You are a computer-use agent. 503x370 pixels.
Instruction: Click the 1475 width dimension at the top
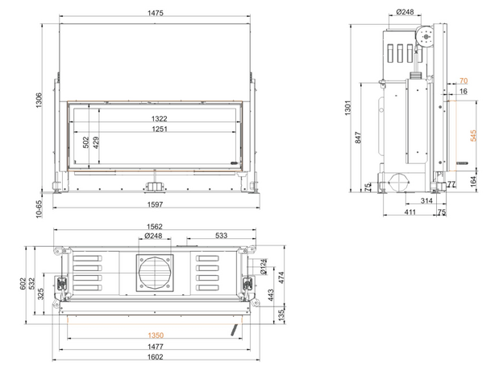point(156,13)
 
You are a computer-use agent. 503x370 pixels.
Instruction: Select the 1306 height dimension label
point(39,101)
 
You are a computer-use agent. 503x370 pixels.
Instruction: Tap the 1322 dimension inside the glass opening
point(160,119)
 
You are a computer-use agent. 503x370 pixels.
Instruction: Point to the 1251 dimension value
point(160,129)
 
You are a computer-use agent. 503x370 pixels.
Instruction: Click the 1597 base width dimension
point(155,204)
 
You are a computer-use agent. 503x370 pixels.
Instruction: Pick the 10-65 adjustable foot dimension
point(39,209)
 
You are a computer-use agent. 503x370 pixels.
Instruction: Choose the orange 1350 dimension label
point(156,335)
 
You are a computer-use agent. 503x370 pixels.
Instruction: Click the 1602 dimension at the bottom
point(156,356)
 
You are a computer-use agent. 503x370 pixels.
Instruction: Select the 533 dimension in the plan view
point(221,236)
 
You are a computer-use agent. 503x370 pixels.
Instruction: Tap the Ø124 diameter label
point(264,266)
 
